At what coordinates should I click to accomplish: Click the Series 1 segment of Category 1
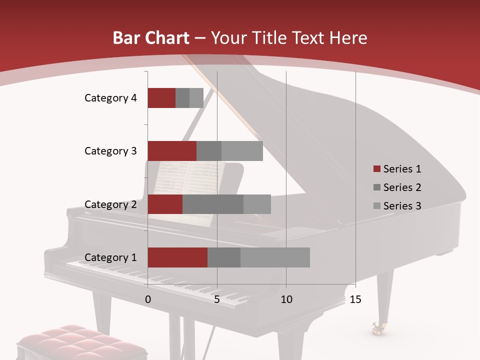177,257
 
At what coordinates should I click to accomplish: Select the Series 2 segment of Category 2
213,204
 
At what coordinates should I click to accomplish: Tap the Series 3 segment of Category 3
242,151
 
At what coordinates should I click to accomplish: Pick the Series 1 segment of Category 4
161,98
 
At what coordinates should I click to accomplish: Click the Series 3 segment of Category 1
275,257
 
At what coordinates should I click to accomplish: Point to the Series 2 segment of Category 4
182,98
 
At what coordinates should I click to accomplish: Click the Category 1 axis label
110,257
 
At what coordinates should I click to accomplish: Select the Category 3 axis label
110,151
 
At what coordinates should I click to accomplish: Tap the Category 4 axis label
110,98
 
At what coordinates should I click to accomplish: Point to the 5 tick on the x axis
217,300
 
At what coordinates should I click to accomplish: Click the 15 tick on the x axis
355,300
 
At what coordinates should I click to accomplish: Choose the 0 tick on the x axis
148,300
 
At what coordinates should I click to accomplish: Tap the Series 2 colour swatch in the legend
376,187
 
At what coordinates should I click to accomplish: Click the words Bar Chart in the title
150,38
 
